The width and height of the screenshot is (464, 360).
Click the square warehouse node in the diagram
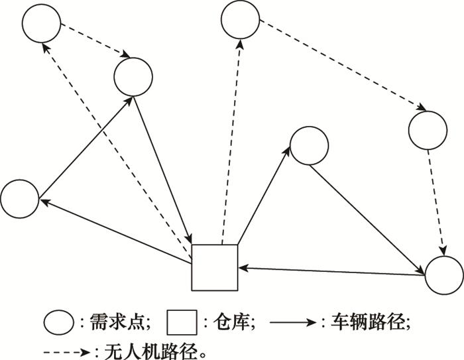pos(214,267)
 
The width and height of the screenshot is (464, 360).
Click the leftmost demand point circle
pos(19,198)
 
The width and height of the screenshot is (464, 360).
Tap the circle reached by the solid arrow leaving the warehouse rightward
pos(309,145)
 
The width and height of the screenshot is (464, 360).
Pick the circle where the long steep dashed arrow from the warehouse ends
pos(240,20)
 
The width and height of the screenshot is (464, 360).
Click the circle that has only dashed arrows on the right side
pos(428,130)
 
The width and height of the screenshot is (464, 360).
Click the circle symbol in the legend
pos(58,323)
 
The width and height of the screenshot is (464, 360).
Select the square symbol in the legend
pos(181,323)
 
